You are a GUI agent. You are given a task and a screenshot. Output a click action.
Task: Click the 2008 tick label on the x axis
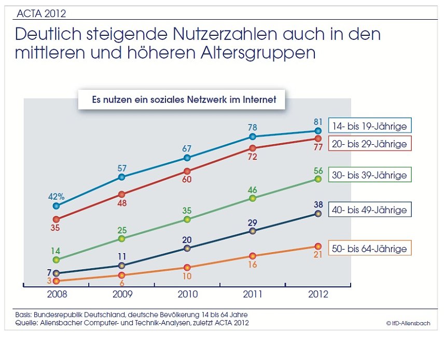click(56, 294)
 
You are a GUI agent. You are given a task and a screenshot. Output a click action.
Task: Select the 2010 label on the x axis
click(187, 294)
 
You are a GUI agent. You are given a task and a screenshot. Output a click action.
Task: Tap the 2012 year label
click(317, 294)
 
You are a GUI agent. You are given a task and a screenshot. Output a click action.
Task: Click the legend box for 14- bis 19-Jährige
click(370, 126)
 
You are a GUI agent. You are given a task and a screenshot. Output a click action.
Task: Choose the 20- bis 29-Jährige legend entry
click(370, 143)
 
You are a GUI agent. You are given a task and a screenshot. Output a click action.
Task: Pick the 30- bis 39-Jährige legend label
click(370, 175)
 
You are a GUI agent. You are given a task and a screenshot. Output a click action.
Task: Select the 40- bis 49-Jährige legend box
click(370, 210)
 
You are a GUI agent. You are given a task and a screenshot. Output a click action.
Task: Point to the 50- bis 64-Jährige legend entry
click(370, 248)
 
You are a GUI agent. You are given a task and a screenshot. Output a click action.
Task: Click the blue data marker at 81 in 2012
click(318, 131)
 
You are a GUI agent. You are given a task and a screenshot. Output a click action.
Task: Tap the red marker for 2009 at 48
click(121, 195)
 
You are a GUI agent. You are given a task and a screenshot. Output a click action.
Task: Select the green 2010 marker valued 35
click(187, 219)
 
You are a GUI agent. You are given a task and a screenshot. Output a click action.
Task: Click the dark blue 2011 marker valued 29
click(253, 231)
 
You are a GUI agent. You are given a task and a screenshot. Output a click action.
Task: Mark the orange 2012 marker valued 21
click(318, 246)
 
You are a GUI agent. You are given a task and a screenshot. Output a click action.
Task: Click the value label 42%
click(56, 197)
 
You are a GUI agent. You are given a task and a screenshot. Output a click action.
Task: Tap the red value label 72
click(253, 157)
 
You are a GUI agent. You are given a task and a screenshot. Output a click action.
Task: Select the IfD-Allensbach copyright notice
click(408, 323)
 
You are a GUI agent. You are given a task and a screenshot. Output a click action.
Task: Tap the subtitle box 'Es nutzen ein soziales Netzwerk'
click(181, 100)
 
